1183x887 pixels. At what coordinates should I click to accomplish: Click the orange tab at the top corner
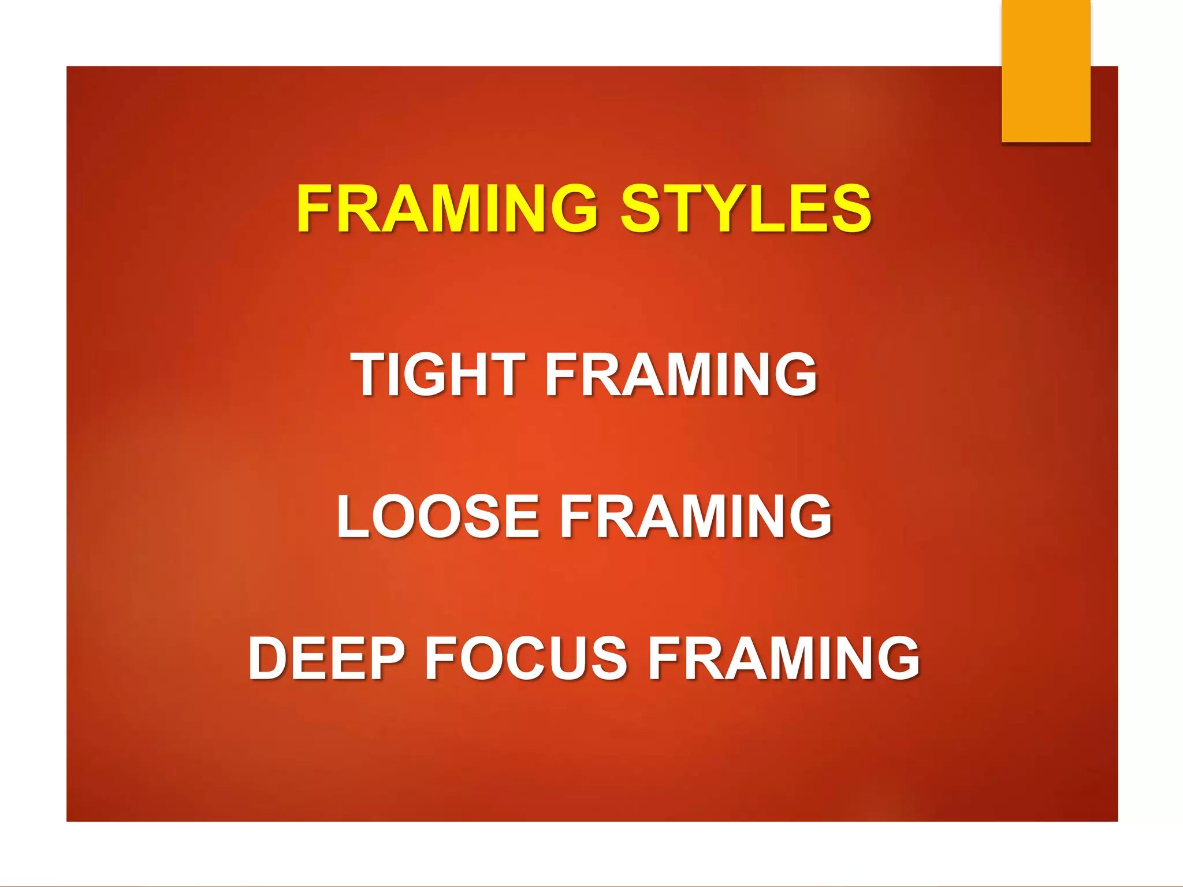pyautogui.click(x=1046, y=70)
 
